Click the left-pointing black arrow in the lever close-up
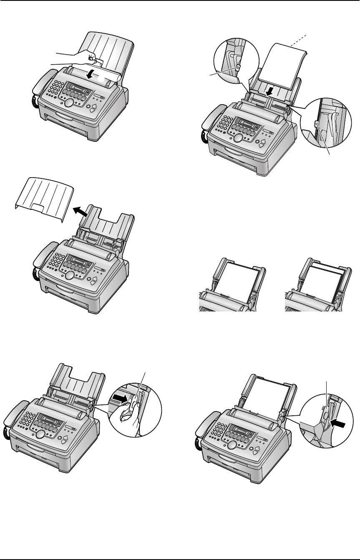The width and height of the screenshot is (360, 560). click(337, 424)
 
